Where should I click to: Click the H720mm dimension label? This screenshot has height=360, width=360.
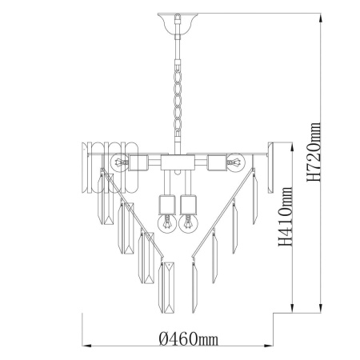(314, 152)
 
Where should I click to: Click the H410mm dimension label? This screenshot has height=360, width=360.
(286, 217)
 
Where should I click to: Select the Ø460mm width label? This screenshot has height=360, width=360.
(189, 339)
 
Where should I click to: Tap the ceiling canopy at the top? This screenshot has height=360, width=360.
(177, 23)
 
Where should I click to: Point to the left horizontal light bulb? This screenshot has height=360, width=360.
(119, 162)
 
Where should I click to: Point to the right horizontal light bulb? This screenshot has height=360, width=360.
(236, 162)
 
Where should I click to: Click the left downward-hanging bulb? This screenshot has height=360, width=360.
(167, 223)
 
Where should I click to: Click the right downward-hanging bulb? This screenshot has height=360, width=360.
(188, 223)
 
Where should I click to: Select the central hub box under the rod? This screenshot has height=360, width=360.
(178, 162)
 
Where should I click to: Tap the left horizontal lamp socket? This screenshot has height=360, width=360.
(138, 162)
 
